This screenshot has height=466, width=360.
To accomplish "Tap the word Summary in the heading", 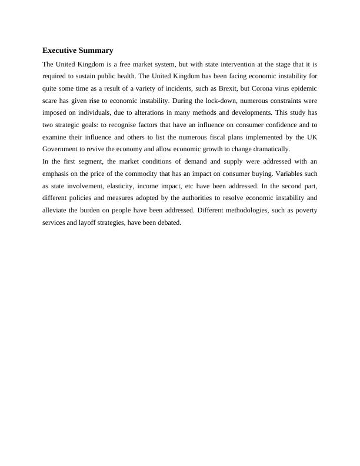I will (x=97, y=51).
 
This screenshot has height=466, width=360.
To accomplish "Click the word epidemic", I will (x=303, y=88).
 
